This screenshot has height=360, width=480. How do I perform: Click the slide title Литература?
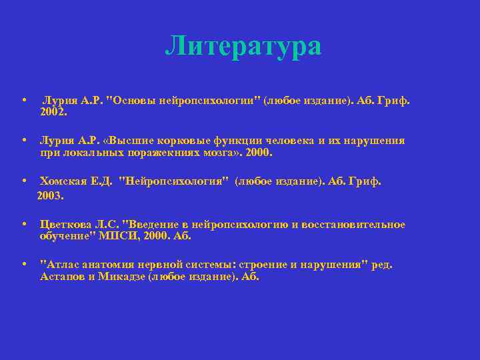[x=243, y=46]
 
